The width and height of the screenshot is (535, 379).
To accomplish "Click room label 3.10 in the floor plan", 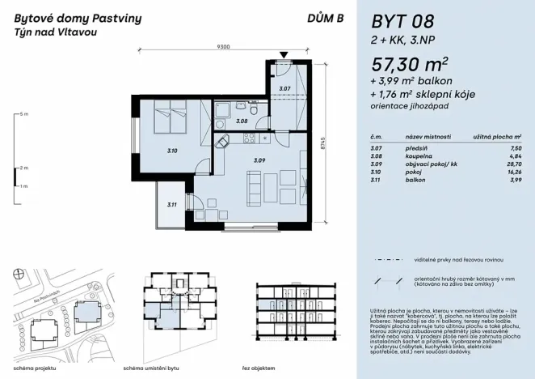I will pyautogui.click(x=171, y=150).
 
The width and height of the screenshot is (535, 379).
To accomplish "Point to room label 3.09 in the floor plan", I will pyautogui.click(x=259, y=160).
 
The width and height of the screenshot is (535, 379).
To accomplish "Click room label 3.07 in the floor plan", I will pyautogui.click(x=284, y=87).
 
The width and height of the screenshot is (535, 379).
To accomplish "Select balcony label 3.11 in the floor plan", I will pyautogui.click(x=171, y=205).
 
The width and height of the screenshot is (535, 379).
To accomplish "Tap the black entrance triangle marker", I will pyautogui.click(x=283, y=55).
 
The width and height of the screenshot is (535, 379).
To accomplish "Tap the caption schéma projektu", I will pyautogui.click(x=31, y=367).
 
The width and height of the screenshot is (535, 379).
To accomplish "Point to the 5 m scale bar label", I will pyautogui.click(x=23, y=113).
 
